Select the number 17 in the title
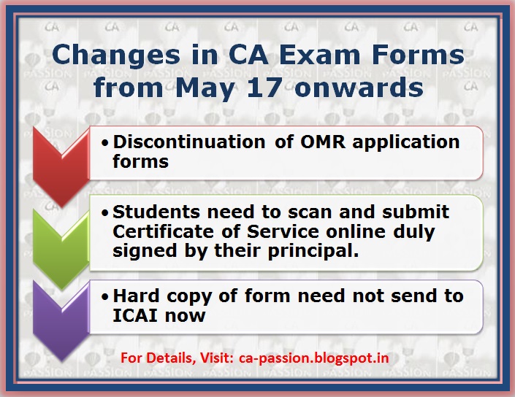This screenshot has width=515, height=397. pos(278,88)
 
